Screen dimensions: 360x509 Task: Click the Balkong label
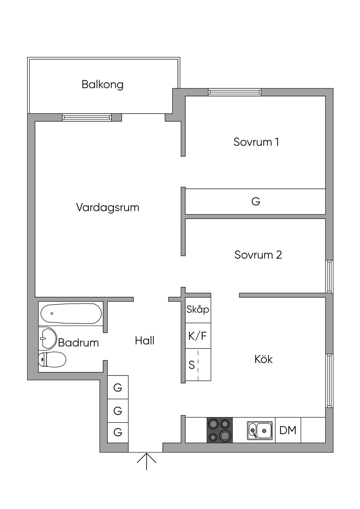click(x=103, y=84)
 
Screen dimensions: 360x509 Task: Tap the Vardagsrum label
click(x=108, y=207)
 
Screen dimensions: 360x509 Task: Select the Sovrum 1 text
click(x=256, y=142)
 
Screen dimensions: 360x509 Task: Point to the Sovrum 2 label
click(x=258, y=255)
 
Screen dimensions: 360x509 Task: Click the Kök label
click(x=263, y=359)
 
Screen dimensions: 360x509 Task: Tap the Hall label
click(x=144, y=340)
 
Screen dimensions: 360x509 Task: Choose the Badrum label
click(x=78, y=342)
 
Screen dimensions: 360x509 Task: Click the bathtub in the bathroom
click(x=71, y=313)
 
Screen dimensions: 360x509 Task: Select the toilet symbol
click(x=52, y=360)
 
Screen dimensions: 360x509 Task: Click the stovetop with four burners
click(x=219, y=430)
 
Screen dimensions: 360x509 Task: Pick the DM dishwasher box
click(x=288, y=430)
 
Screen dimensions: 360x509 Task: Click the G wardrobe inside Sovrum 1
click(x=256, y=201)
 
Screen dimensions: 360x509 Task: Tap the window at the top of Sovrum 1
click(x=234, y=92)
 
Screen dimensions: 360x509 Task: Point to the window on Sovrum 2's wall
click(x=329, y=276)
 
